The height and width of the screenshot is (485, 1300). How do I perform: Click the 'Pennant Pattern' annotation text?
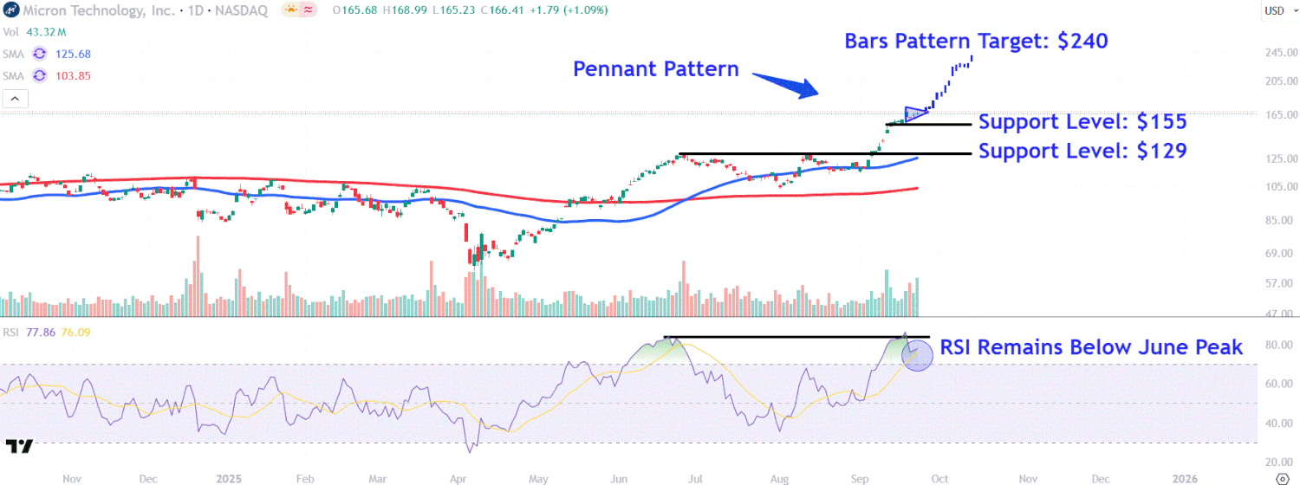(656, 69)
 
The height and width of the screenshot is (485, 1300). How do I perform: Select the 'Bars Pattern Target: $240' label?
(976, 41)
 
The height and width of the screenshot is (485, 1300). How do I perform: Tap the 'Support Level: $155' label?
(1082, 121)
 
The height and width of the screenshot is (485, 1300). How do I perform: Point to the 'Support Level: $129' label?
(1082, 151)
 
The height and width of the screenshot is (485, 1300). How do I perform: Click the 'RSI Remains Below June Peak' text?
(1092, 347)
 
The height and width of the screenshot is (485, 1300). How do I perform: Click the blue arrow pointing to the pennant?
(785, 84)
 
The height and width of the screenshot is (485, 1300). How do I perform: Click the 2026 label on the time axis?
(1185, 478)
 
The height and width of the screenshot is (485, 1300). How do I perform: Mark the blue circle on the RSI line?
(917, 354)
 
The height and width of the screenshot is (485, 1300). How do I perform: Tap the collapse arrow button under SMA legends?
(15, 99)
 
